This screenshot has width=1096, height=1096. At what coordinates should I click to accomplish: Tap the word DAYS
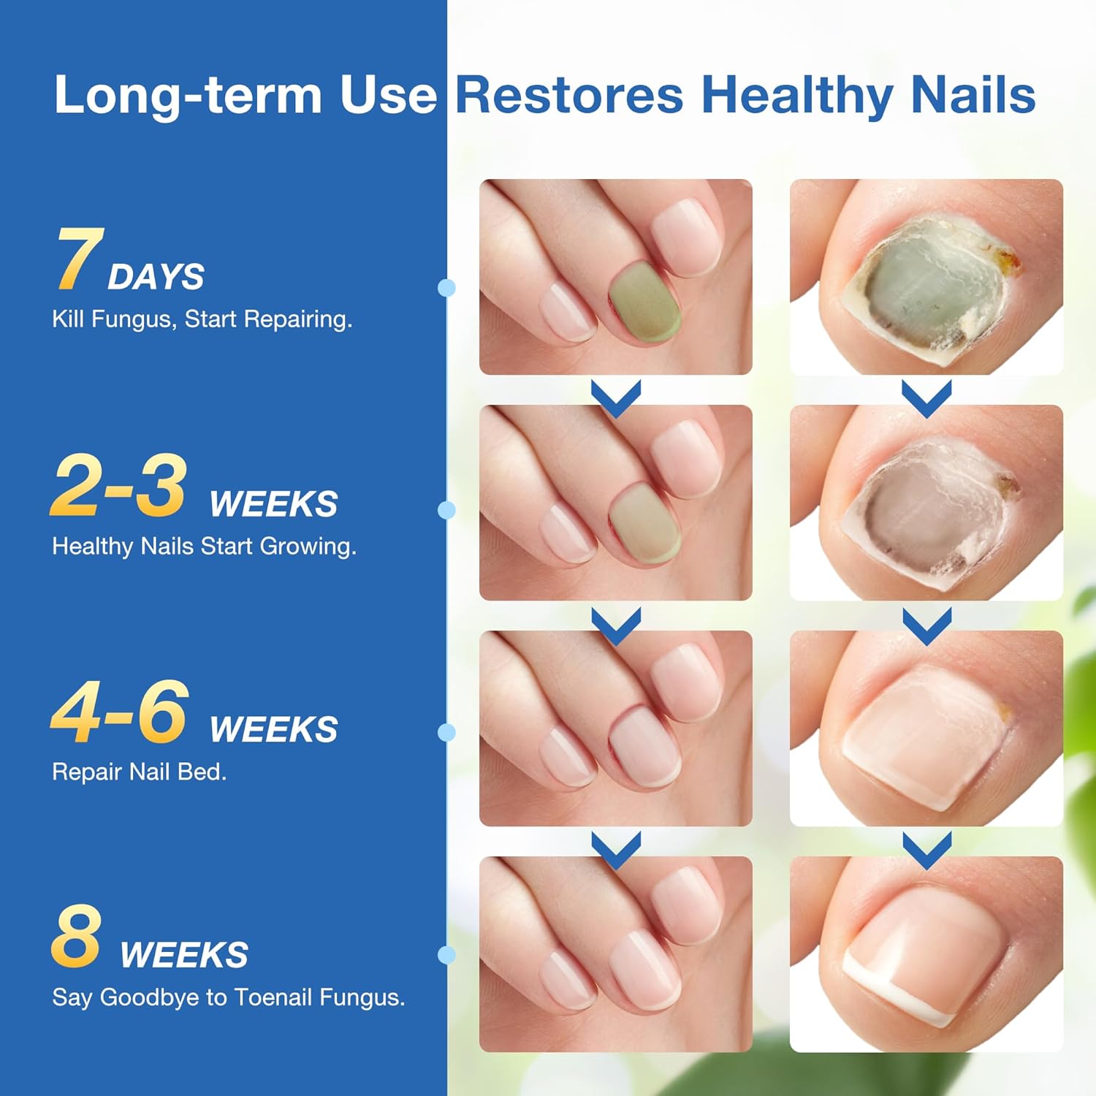156,277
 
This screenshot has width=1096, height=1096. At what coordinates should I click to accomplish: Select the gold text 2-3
118,485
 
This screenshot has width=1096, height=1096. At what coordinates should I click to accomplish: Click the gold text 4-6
120,712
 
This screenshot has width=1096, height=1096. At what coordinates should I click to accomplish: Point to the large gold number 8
76,937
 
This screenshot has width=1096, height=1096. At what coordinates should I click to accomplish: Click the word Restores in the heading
568,95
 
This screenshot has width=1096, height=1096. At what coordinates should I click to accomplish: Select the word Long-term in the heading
188,95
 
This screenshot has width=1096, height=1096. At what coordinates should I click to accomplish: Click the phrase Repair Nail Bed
139,772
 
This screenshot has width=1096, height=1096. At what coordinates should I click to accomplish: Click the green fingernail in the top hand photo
644,300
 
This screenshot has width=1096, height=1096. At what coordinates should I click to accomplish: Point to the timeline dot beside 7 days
446,288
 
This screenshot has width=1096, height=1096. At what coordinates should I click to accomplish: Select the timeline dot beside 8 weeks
446,954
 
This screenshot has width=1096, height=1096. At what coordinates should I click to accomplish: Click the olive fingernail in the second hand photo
644,525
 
